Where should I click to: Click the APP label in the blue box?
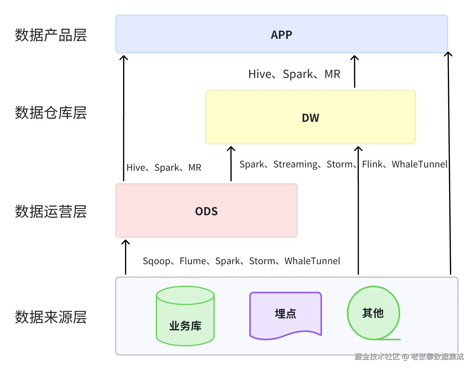click(281, 35)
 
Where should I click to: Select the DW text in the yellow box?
click(310, 118)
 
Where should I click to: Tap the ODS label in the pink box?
click(206, 211)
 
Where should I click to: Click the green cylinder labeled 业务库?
click(185, 316)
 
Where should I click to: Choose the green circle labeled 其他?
click(373, 313)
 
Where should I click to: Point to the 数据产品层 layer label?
click(51, 35)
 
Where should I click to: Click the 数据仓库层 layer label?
click(51, 113)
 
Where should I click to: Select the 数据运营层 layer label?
click(51, 212)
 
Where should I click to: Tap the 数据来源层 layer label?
click(51, 317)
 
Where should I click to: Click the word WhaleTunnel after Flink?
click(420, 164)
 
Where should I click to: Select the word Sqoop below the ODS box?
click(156, 261)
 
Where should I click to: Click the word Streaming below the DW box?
click(295, 164)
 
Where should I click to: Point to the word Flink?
click(372, 164)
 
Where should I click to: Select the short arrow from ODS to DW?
click(231, 164)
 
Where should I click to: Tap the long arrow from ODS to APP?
click(124, 118)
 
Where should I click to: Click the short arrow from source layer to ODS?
click(126, 257)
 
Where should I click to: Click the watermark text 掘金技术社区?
click(377, 357)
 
